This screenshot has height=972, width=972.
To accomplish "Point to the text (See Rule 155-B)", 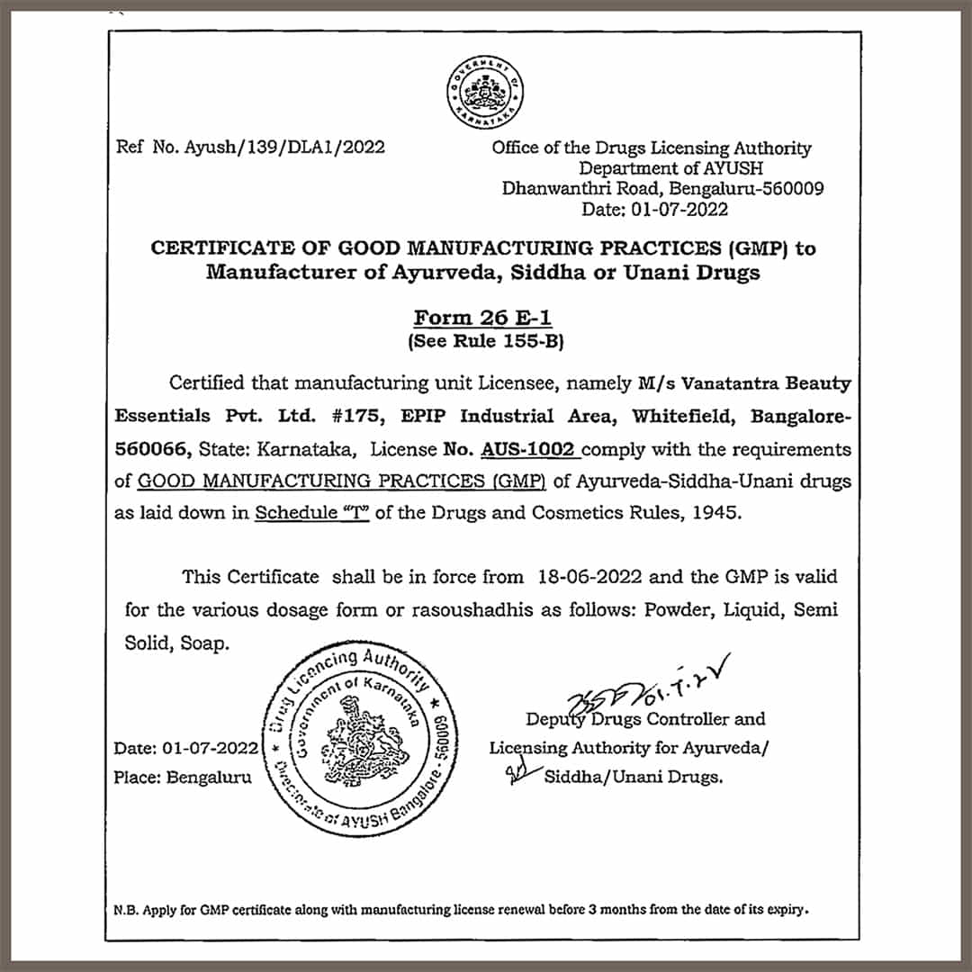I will pos(485,341).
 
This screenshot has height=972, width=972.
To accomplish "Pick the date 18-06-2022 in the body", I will pos(589,577).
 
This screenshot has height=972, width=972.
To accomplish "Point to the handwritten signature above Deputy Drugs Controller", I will pos(630,689).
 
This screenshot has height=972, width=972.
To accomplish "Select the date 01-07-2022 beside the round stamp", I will pos(212,748).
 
